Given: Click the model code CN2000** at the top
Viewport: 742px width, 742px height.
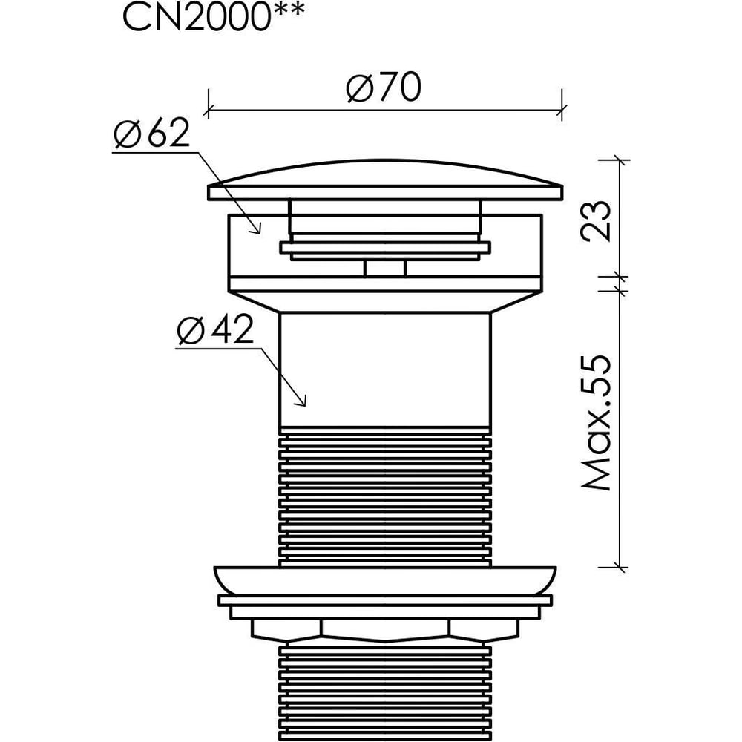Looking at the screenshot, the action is [x=214, y=18].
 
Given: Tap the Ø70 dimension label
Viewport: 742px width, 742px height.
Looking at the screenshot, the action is [x=384, y=88].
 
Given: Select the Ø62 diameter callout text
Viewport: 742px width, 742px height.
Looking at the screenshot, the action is [x=151, y=133].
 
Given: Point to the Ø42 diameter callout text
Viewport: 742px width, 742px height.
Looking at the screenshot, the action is [x=215, y=330].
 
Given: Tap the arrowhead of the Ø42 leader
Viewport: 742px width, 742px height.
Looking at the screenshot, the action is [x=301, y=400].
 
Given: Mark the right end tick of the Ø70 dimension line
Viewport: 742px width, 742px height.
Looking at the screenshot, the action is [x=562, y=111].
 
